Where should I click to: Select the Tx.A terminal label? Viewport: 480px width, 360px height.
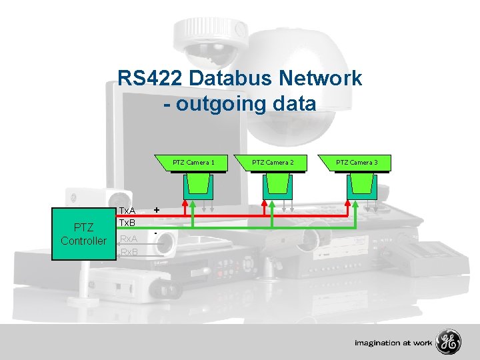(x=127, y=210)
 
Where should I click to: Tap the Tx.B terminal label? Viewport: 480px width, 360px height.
(x=127, y=222)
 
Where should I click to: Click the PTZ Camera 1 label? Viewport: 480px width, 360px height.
(x=193, y=162)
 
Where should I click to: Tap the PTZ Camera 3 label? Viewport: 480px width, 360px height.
(x=357, y=162)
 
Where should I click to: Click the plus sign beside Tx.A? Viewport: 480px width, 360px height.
(x=156, y=209)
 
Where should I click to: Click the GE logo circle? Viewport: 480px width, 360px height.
(x=448, y=343)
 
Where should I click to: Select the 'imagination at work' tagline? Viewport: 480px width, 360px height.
(x=393, y=343)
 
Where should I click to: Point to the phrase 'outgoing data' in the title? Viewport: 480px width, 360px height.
(x=246, y=103)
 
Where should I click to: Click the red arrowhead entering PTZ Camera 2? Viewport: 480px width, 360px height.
(x=266, y=201)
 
